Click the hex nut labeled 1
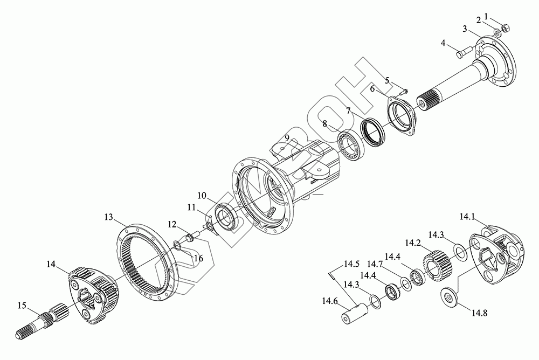point(506,28)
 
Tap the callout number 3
point(465,29)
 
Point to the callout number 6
point(372,88)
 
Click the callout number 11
point(191,207)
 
